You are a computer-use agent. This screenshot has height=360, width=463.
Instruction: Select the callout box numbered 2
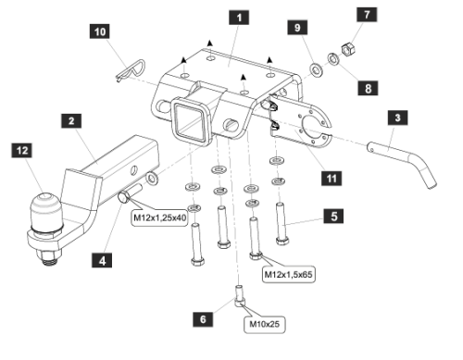click(70, 120)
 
